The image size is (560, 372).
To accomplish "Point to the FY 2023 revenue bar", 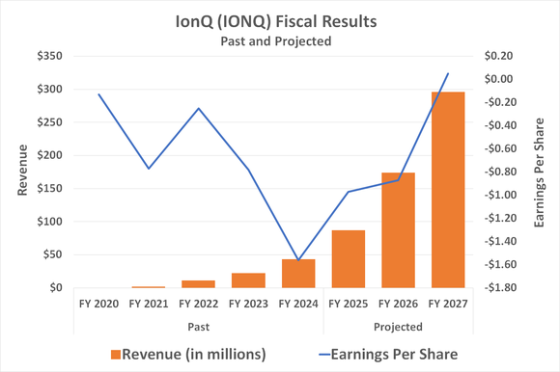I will [248, 280].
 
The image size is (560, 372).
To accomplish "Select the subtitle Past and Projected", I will [279, 42].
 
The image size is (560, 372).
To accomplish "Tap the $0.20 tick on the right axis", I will [501, 56].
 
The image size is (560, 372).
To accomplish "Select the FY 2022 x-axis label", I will [198, 305].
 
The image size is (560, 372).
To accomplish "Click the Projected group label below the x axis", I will [397, 326].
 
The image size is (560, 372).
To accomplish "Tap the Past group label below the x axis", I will [198, 326].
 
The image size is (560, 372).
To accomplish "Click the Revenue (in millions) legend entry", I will [188, 354].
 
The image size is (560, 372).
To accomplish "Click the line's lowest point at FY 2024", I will [298, 260].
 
